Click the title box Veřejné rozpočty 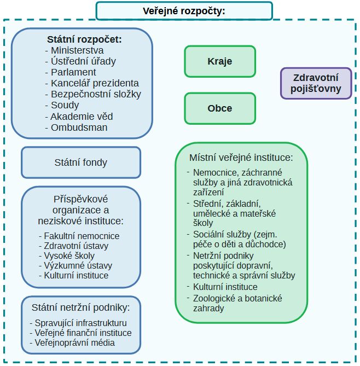pos(184,11)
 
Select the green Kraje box pos(219,61)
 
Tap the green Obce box pos(219,108)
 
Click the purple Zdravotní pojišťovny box pos(317,83)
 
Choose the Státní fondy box pos(81,162)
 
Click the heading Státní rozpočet pos(84,39)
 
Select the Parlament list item pos(73,72)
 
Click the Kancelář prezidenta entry pos(94,83)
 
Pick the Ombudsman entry pos(79,127)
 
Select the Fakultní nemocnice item pos(82,236)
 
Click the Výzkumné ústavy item pos(78,265)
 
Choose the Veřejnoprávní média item pos(75,343)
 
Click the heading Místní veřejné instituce pos(241,158)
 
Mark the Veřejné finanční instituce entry pos(83,333)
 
